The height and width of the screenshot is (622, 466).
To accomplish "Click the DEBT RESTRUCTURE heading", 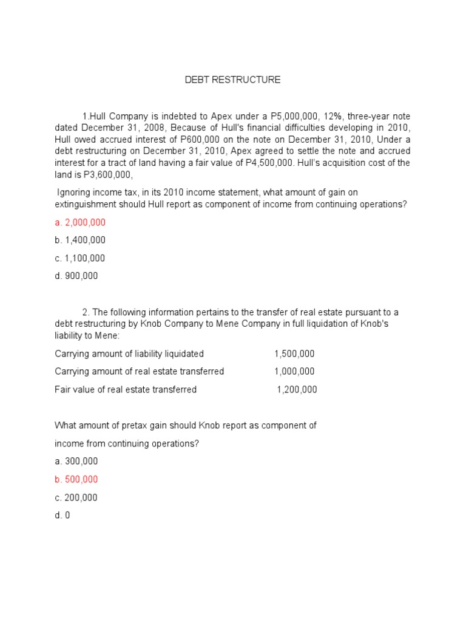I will click(232, 80).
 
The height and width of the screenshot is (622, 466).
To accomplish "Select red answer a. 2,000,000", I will click(79, 222).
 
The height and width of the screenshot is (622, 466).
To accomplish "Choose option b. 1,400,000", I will click(79, 240).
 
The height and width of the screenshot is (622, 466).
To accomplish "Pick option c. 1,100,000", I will click(79, 258).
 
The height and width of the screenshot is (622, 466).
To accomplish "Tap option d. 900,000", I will click(76, 276).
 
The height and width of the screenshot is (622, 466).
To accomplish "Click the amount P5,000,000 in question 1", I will click(273, 115).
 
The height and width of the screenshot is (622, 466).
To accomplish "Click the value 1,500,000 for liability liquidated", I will click(294, 354).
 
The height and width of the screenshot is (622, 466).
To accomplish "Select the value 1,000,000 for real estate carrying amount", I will click(294, 371).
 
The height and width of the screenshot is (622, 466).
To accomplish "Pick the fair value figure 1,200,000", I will click(297, 389).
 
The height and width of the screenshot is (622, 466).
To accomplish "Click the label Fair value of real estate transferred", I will click(126, 389).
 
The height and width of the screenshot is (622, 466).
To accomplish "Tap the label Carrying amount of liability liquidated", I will click(129, 354).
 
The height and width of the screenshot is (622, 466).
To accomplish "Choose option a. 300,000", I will click(76, 461).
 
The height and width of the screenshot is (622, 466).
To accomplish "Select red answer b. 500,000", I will click(76, 479).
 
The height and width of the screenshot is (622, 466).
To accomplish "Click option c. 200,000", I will click(76, 497).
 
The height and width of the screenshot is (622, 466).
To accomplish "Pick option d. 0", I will click(62, 515).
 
